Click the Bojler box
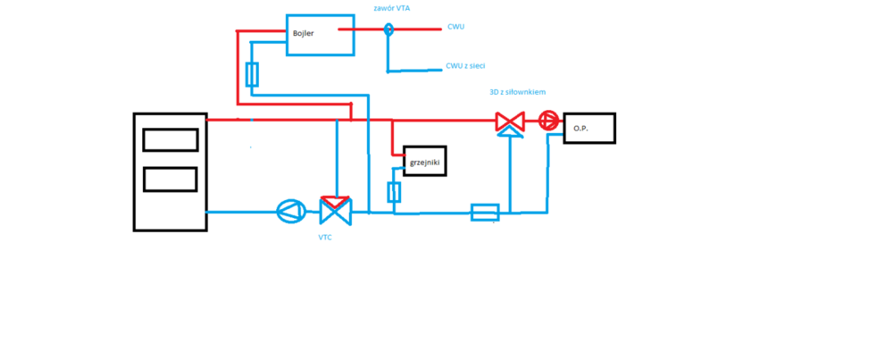(x=319, y=35)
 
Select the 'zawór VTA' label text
(x=392, y=8)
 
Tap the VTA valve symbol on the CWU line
(x=388, y=29)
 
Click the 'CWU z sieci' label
(x=465, y=66)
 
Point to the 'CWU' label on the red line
(x=455, y=27)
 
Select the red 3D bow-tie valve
(x=510, y=121)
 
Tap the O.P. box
(x=588, y=128)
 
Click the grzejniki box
(x=424, y=161)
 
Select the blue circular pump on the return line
(x=291, y=212)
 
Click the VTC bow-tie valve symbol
(x=336, y=213)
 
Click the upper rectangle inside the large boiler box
(x=170, y=140)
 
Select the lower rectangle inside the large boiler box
(x=170, y=179)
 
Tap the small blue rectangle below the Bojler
(x=252, y=74)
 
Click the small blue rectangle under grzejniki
(x=394, y=191)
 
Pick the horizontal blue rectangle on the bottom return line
(x=485, y=212)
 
